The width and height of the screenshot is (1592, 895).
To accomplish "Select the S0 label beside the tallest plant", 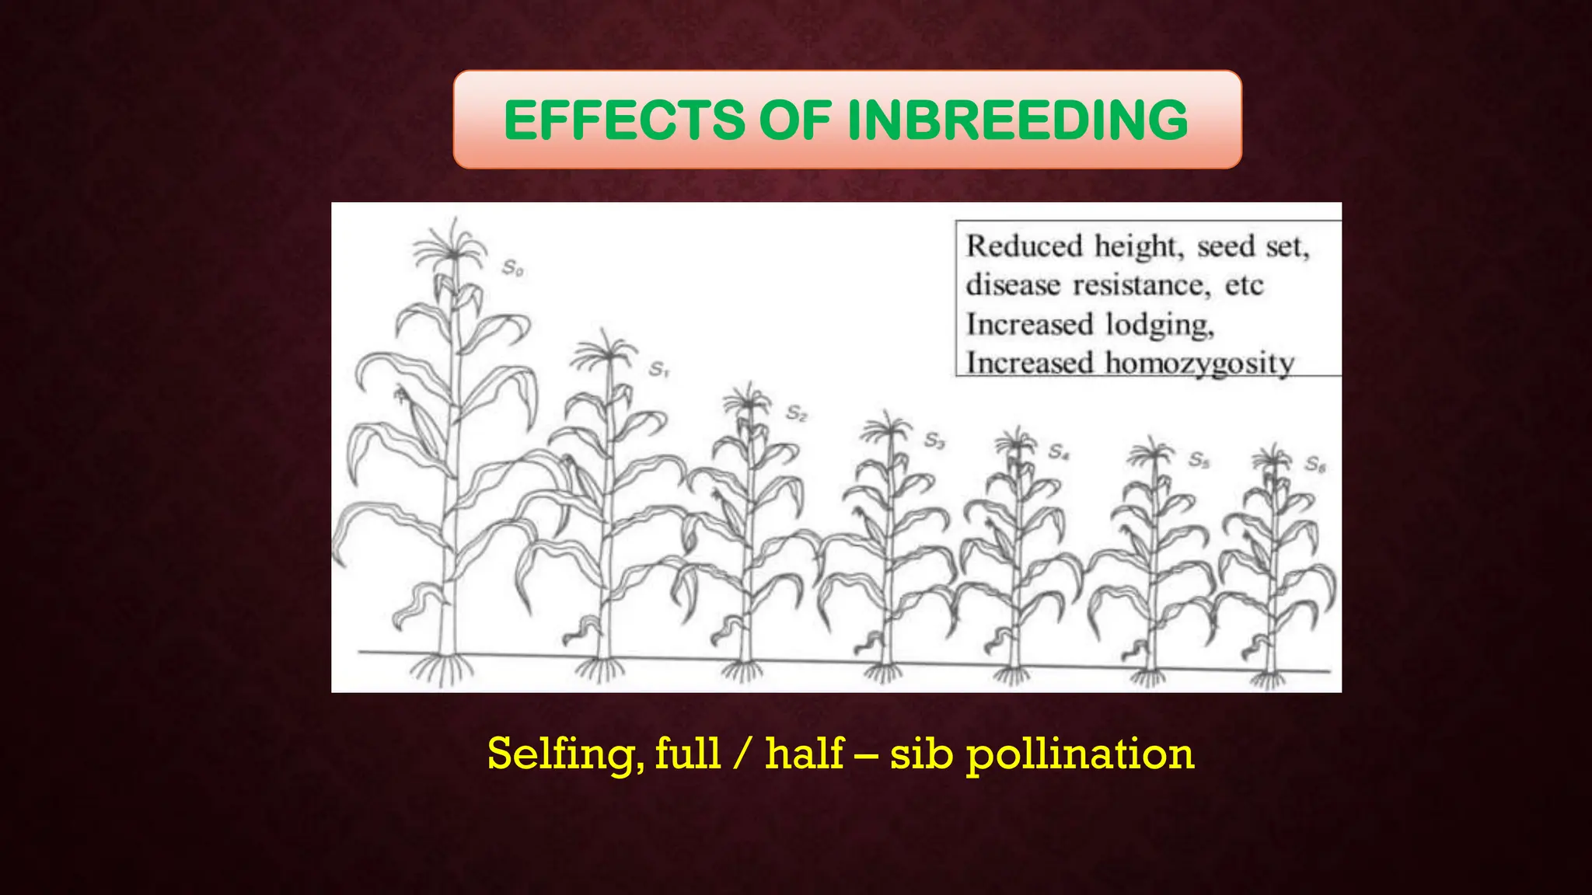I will pos(513,268).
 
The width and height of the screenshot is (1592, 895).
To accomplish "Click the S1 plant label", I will pos(659,369).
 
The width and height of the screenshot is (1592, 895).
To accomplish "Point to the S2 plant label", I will pos(797,413).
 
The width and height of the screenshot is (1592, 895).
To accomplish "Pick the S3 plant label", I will pos(934,441).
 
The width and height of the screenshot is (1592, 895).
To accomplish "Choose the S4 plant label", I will pos(1059,451).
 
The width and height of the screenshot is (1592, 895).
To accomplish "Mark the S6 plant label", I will pos(1315,465).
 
